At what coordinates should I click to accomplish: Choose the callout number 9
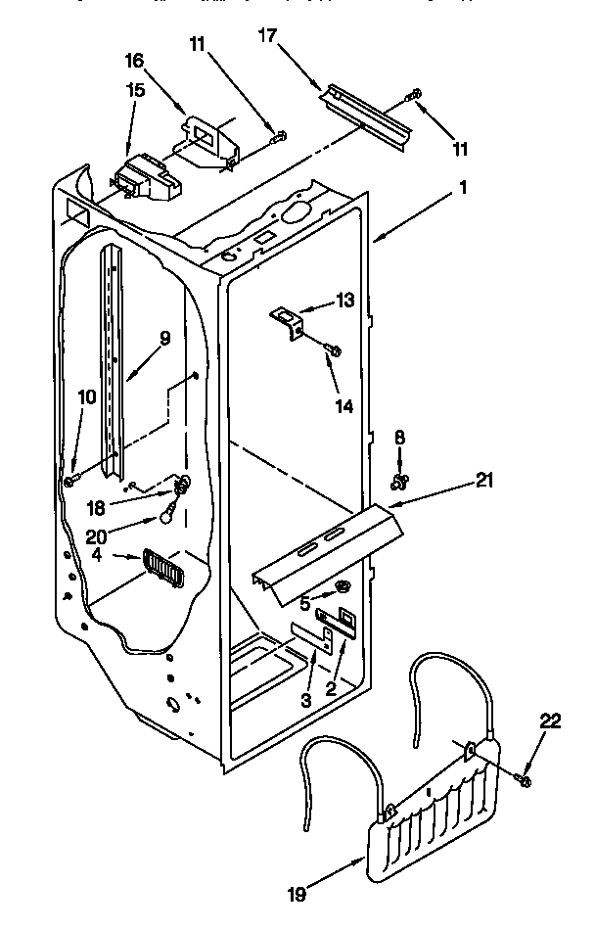164,338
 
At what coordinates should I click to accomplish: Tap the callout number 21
483,480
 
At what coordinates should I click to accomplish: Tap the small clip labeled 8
399,480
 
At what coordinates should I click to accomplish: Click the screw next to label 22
524,780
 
